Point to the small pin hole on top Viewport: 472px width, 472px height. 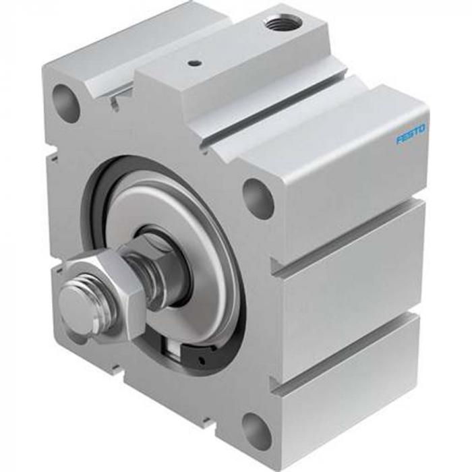[195, 65]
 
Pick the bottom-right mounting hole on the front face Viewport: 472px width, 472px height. [256, 430]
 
